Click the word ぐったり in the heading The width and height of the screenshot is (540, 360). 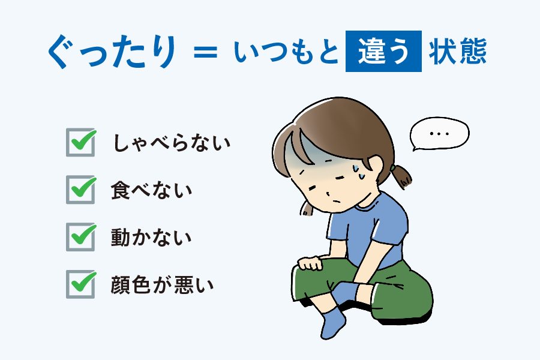113,52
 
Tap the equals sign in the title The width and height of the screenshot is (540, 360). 206,52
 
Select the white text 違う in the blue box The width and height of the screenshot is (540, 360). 383,52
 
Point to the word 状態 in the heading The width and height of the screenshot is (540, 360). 458,52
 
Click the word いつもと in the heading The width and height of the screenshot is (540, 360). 286,52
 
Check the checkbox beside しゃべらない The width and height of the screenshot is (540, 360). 81,142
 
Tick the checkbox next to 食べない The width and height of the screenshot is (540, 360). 81,189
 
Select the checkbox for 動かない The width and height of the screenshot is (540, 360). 81,236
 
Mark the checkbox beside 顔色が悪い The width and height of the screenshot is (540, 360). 81,284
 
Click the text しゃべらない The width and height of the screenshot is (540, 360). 171,143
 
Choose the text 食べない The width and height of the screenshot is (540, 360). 151,190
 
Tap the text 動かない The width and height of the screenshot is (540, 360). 151,238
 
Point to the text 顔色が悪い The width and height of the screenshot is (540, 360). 162,284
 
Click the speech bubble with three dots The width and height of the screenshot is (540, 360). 439,134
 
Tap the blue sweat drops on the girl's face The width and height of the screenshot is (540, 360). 359,172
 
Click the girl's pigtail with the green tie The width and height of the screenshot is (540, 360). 401,176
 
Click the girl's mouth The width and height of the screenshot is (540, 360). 337,202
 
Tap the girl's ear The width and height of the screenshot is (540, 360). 374,166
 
